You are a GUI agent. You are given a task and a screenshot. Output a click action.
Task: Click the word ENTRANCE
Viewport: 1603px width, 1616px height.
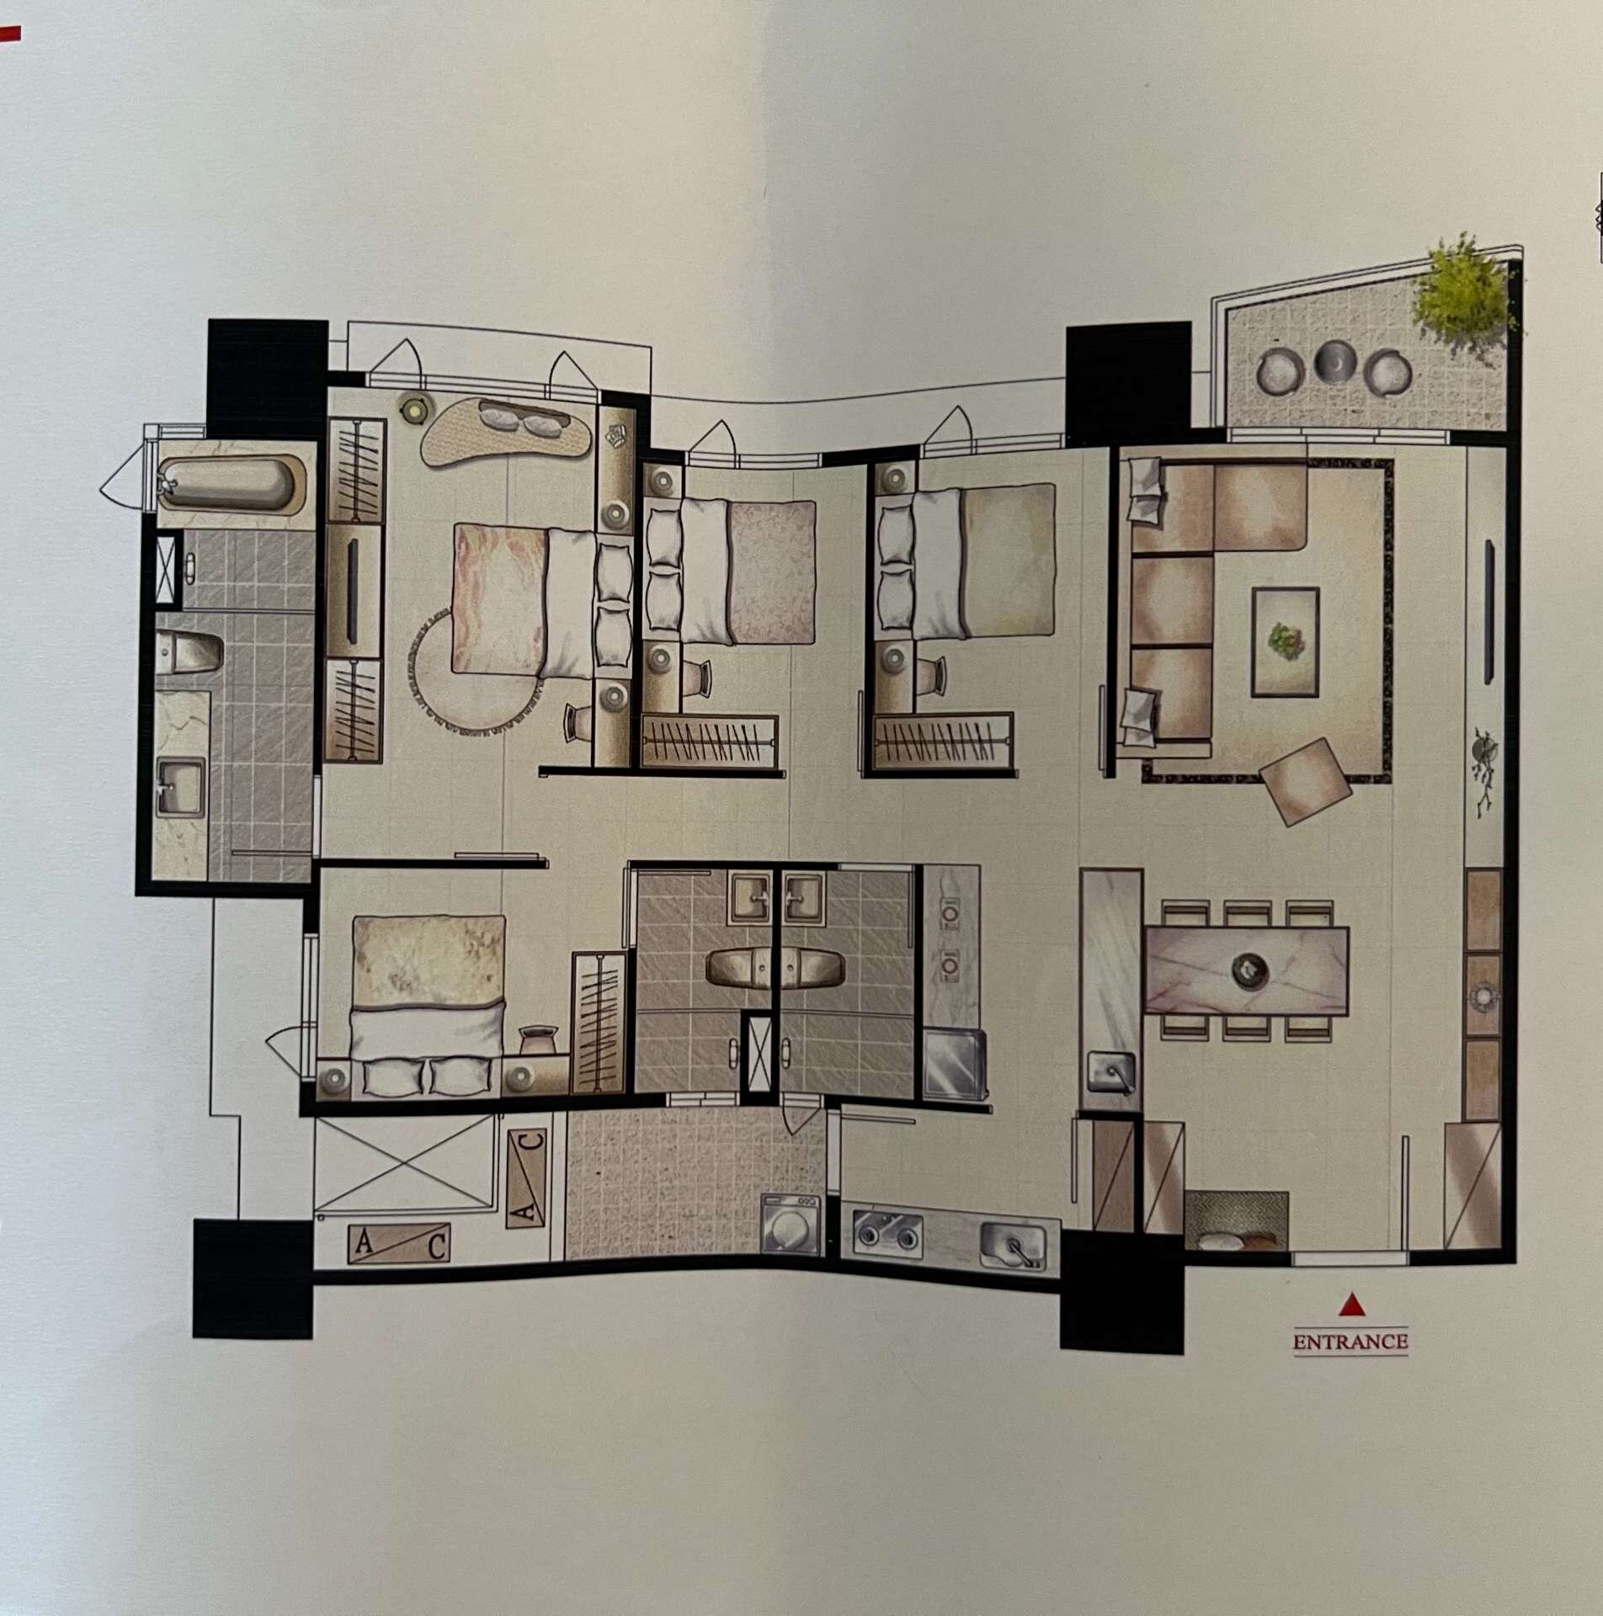pyautogui.click(x=1350, y=1341)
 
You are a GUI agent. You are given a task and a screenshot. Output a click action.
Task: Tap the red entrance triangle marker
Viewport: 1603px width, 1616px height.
pyautogui.click(x=1351, y=1304)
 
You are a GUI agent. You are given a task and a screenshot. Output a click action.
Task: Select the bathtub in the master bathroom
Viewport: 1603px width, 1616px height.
pyautogui.click(x=229, y=483)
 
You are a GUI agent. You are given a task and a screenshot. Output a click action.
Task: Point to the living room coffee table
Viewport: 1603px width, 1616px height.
pyautogui.click(x=1285, y=641)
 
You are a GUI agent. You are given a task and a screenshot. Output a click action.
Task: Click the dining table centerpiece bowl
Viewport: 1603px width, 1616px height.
pyautogui.click(x=1249, y=970)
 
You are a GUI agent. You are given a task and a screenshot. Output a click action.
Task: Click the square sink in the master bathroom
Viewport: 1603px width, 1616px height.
pyautogui.click(x=180, y=786)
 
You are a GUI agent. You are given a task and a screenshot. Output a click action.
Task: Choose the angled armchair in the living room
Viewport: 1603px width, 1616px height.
pyautogui.click(x=1304, y=780)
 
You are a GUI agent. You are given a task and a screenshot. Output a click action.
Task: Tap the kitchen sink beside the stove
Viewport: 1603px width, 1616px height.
pyautogui.click(x=1014, y=1245)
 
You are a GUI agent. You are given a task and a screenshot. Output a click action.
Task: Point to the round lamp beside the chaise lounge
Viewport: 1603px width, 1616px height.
pyautogui.click(x=413, y=409)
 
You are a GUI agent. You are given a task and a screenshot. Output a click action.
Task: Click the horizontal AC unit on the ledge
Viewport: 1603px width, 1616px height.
pyautogui.click(x=399, y=1244)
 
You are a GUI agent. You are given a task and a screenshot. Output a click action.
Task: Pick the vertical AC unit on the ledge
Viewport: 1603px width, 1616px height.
pyautogui.click(x=527, y=1178)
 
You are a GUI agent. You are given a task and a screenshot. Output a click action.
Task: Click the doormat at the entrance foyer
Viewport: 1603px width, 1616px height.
pyautogui.click(x=1236, y=1220)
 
